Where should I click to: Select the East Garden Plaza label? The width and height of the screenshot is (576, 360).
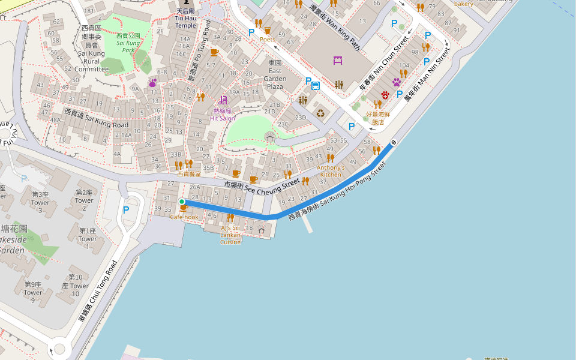(x=275, y=74)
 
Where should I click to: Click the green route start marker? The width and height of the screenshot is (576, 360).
(x=182, y=202)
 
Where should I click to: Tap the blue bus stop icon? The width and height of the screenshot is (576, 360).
(x=316, y=85)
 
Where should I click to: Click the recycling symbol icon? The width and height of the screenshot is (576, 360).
(x=320, y=112)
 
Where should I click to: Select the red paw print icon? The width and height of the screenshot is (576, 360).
(x=385, y=95)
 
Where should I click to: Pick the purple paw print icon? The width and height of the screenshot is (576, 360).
(x=397, y=82)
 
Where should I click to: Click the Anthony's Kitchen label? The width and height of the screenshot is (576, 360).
(x=331, y=171)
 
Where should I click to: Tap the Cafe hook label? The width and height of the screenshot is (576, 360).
(x=184, y=217)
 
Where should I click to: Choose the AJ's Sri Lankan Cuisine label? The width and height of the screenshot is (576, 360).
(x=230, y=235)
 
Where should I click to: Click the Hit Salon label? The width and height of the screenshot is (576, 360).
(x=223, y=115)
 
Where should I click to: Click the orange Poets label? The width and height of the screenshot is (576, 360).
(x=267, y=40)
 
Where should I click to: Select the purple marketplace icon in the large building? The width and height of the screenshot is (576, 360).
(x=338, y=59)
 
